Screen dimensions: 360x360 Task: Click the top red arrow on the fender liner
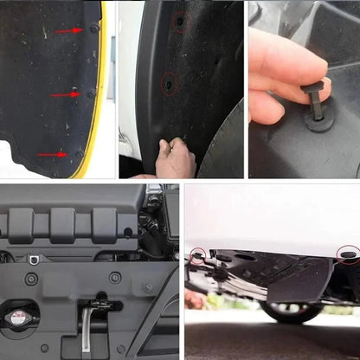(x=68, y=31)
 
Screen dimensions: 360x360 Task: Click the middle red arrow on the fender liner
(x=65, y=93)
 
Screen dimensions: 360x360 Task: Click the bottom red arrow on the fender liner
(x=52, y=155)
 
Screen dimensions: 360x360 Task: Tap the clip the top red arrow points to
(x=93, y=29)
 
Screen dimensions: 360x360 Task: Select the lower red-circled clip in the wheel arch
(x=170, y=83)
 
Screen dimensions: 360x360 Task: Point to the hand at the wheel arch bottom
(x=177, y=158)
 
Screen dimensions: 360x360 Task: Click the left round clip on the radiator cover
(x=31, y=280)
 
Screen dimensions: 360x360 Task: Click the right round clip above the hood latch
(x=115, y=278)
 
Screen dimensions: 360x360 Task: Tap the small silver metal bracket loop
(x=34, y=259)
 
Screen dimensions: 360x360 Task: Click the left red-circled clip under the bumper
(x=199, y=256)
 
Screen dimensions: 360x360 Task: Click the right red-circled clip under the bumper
(x=348, y=253)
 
